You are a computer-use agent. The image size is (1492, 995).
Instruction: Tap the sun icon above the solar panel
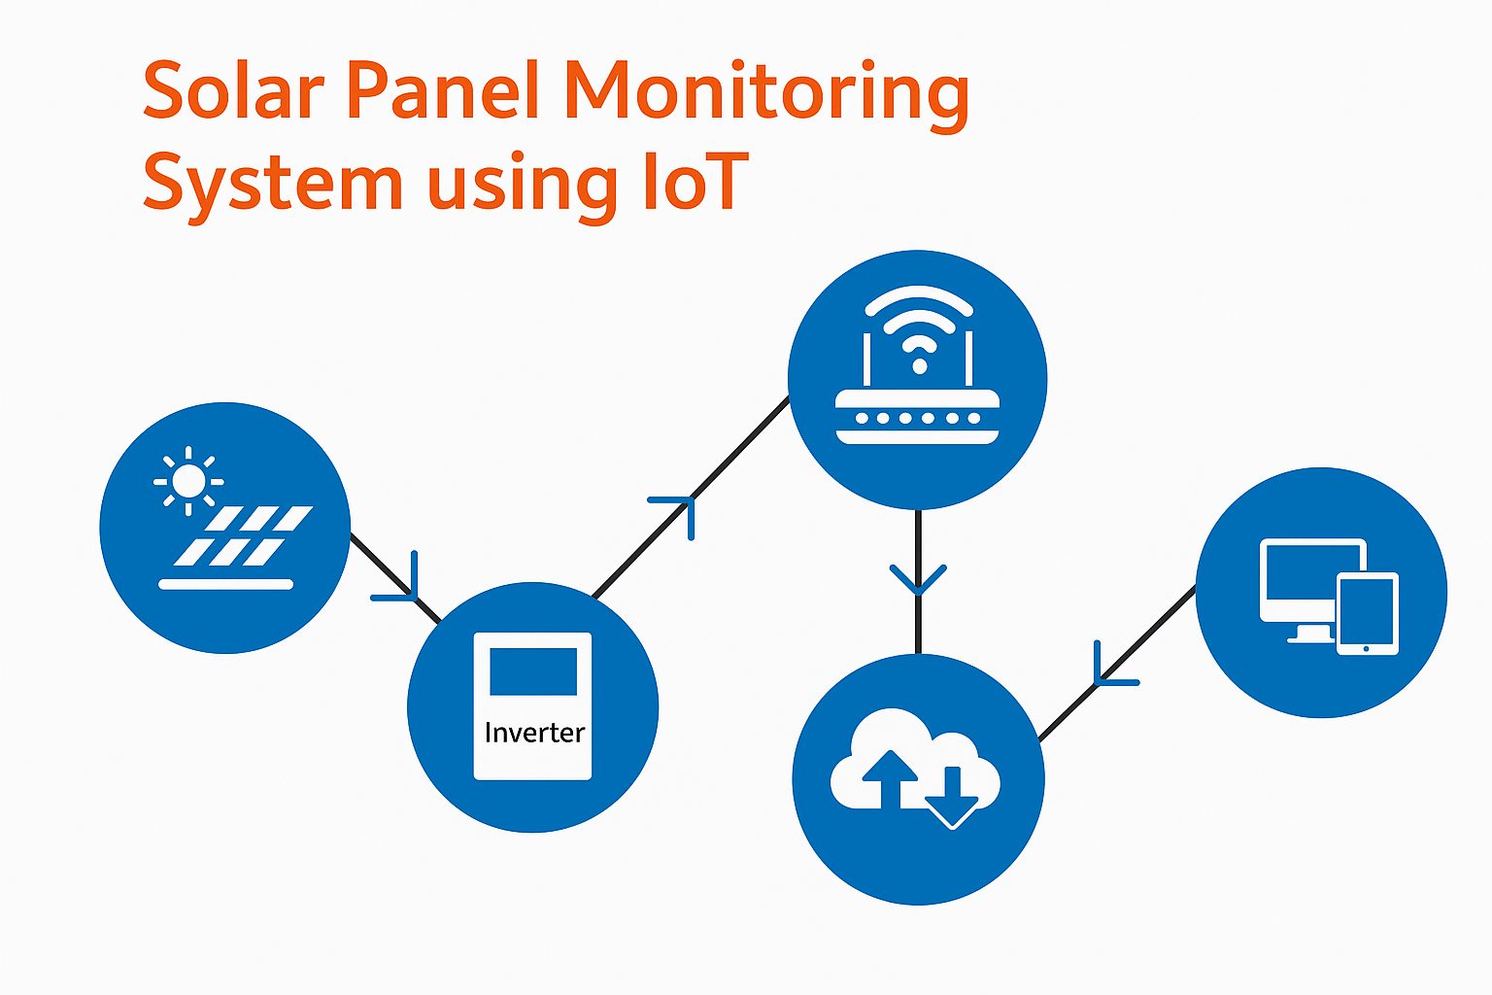tap(188, 480)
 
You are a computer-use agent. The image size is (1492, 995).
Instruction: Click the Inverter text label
tap(534, 733)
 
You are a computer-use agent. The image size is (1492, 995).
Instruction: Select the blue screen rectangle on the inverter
tap(532, 671)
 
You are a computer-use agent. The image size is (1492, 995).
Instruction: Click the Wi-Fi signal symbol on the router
tap(918, 330)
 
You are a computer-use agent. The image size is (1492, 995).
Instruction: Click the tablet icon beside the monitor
tap(1368, 613)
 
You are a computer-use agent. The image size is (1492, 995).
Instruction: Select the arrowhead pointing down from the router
tap(918, 580)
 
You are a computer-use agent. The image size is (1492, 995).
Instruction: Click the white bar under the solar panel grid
tap(226, 584)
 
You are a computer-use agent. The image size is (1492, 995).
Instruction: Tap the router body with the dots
tap(918, 417)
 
